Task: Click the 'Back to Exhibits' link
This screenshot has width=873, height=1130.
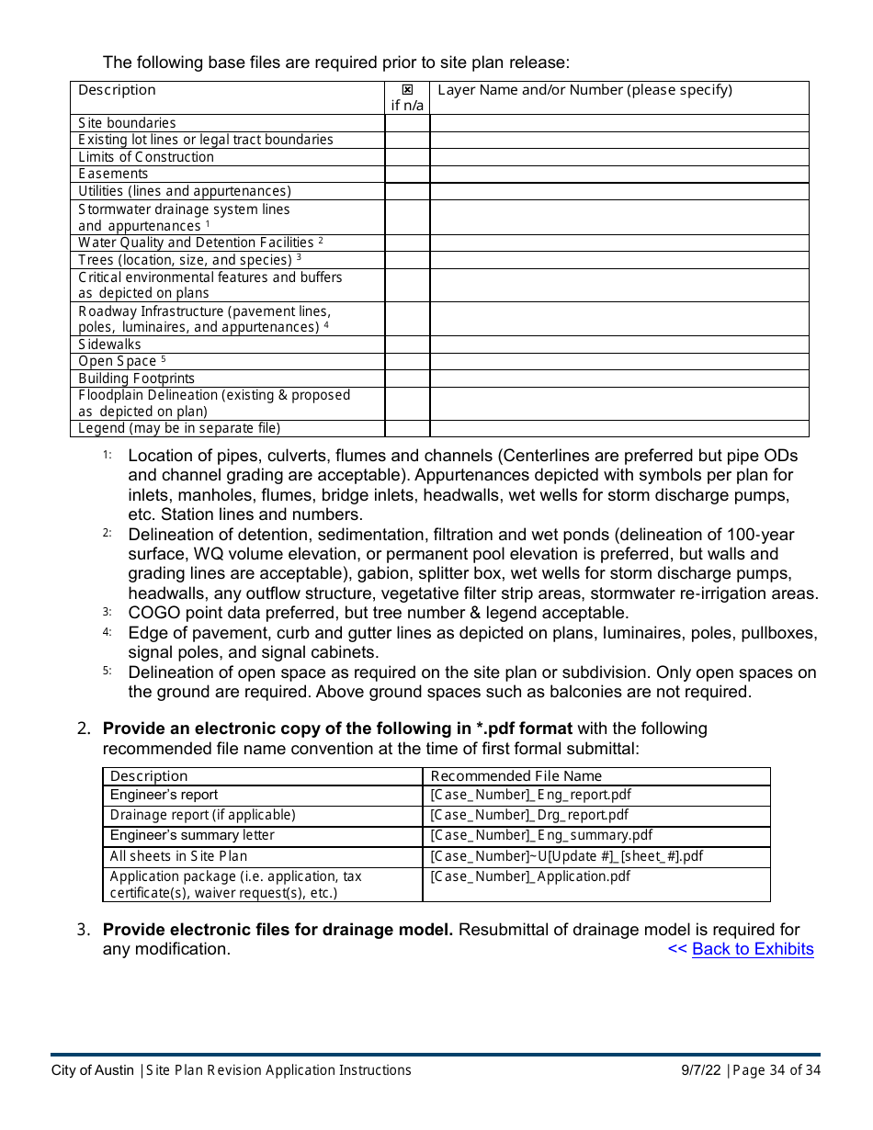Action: tap(752, 949)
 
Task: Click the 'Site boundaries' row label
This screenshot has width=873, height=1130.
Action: tap(127, 123)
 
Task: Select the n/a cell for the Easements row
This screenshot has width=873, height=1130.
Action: tap(407, 174)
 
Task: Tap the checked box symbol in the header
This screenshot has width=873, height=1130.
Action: tap(407, 90)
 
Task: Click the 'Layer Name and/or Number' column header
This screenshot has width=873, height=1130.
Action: tap(584, 90)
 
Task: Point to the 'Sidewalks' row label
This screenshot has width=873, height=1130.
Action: tap(109, 345)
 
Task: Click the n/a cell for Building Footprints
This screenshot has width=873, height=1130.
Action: tap(407, 379)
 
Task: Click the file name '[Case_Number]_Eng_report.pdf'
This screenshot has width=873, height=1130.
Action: tap(530, 795)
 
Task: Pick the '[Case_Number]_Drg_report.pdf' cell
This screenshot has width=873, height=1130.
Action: tap(529, 815)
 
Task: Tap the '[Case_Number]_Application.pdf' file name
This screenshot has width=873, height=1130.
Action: tap(530, 876)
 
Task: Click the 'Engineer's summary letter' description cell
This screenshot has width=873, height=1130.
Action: tap(192, 835)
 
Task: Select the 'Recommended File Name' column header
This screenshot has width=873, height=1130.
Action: tap(516, 776)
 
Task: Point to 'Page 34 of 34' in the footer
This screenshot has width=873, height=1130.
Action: tap(777, 1070)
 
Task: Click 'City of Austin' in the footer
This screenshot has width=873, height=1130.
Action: tap(92, 1070)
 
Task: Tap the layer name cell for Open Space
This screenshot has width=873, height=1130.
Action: tap(618, 361)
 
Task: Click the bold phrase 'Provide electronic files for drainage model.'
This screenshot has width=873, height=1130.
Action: tap(278, 930)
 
